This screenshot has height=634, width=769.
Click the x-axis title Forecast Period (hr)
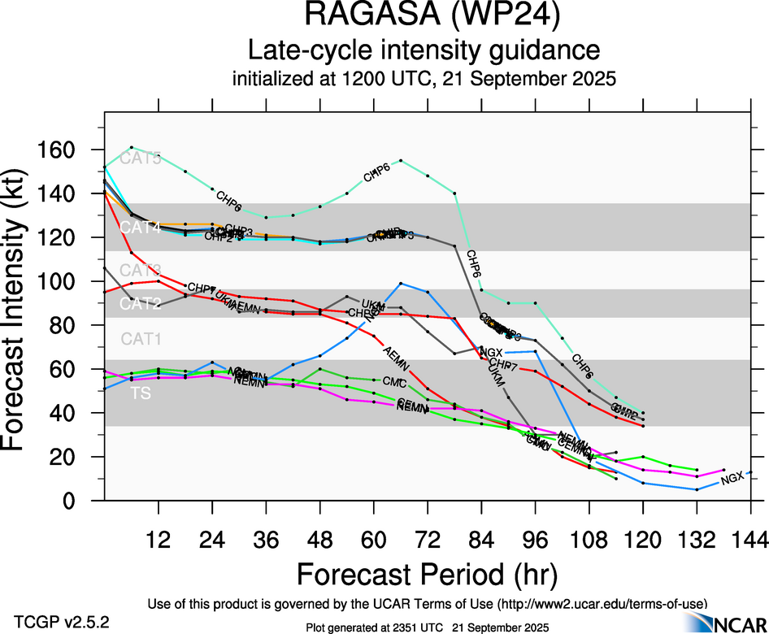427,575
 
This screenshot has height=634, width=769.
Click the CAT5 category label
141,158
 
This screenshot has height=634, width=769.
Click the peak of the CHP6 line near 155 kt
401,160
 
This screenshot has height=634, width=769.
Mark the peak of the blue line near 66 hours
401,283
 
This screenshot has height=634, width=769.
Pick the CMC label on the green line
394,382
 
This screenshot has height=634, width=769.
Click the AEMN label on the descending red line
396,355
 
